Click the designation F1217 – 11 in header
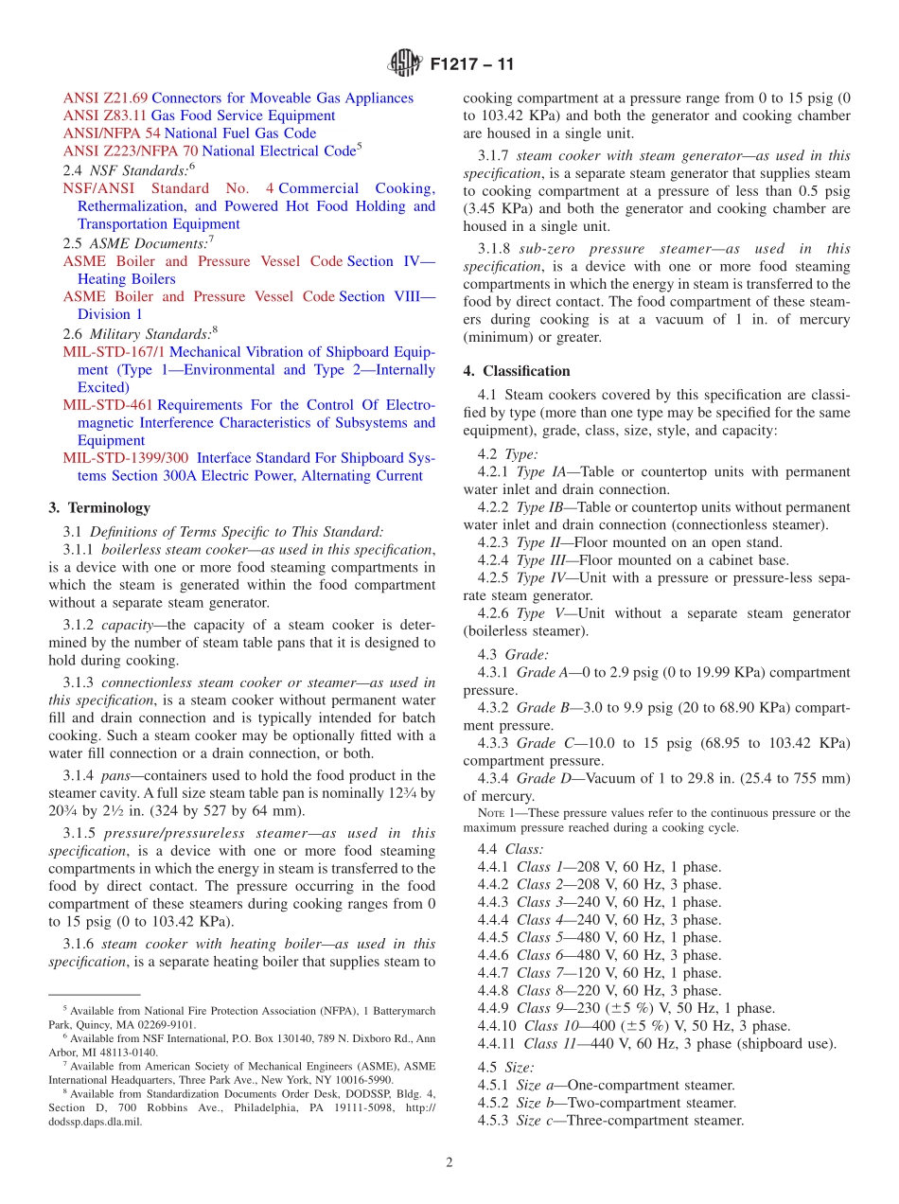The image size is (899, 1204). [472, 65]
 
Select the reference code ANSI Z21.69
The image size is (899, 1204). [105, 98]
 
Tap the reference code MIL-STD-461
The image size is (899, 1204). [108, 405]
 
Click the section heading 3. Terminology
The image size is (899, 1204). [99, 508]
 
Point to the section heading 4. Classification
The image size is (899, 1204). [517, 371]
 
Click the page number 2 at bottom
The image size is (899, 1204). [449, 1162]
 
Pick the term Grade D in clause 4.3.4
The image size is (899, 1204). [543, 779]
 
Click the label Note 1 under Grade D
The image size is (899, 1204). [497, 813]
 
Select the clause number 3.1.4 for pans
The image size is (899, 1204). [79, 776]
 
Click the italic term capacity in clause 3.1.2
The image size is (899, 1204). [127, 626]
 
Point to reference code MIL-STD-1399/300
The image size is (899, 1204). [126, 458]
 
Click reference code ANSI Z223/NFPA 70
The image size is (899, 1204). [131, 151]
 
